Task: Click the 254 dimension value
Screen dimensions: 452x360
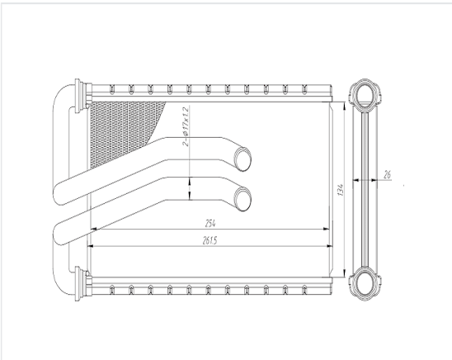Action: [210, 223]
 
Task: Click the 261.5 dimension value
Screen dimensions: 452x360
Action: [210, 240]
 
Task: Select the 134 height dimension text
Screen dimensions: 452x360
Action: [341, 190]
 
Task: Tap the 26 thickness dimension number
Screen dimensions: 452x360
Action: [387, 174]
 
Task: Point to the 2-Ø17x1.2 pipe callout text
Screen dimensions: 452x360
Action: [186, 126]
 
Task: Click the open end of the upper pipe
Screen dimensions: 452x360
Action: [242, 159]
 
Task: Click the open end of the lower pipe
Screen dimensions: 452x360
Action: [242, 199]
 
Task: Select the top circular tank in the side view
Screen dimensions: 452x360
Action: [365, 93]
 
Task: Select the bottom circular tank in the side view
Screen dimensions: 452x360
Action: [365, 282]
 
